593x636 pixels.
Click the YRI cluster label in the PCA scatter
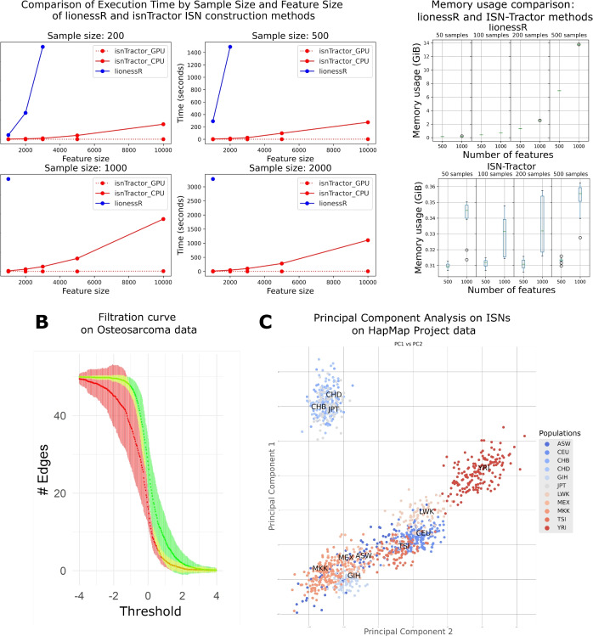coord(483,468)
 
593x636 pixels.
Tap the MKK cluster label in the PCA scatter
coord(319,568)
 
